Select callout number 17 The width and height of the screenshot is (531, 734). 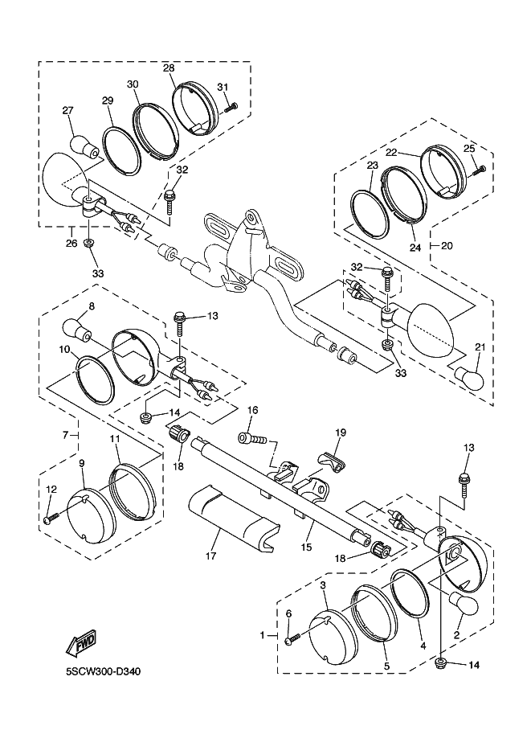(211, 556)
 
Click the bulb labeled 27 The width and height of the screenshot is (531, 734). (84, 146)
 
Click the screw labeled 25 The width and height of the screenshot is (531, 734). (478, 170)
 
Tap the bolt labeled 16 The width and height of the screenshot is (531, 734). (251, 439)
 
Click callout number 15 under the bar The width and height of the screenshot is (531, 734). (306, 547)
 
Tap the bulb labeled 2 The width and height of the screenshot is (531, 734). (464, 605)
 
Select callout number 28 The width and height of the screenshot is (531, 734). (169, 68)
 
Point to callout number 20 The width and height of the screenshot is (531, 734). (447, 245)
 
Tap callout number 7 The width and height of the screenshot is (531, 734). (65, 436)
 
